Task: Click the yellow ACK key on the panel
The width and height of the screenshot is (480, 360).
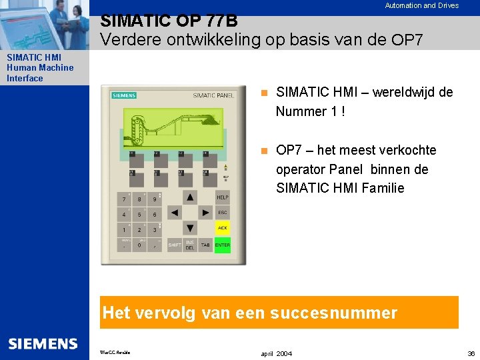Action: coord(222,228)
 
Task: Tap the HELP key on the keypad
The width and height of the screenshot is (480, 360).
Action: coord(222,197)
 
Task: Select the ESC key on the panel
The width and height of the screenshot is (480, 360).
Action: coord(222,213)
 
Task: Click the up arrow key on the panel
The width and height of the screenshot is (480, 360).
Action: coord(190,197)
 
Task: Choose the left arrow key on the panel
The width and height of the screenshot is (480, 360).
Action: coord(174,213)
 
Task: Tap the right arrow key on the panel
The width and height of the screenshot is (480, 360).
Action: coord(206,213)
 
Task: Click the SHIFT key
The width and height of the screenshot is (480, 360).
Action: coord(174,245)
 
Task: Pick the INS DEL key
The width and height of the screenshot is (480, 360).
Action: coord(190,245)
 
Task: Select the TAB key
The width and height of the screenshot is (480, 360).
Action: coord(206,245)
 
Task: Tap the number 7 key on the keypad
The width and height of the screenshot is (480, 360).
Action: coord(124,199)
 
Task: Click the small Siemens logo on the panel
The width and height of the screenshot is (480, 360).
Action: coord(124,95)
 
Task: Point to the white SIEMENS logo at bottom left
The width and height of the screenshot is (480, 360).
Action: coord(43,343)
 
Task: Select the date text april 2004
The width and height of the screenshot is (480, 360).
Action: coord(276,353)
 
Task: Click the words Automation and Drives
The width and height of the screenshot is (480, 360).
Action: coord(421,5)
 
